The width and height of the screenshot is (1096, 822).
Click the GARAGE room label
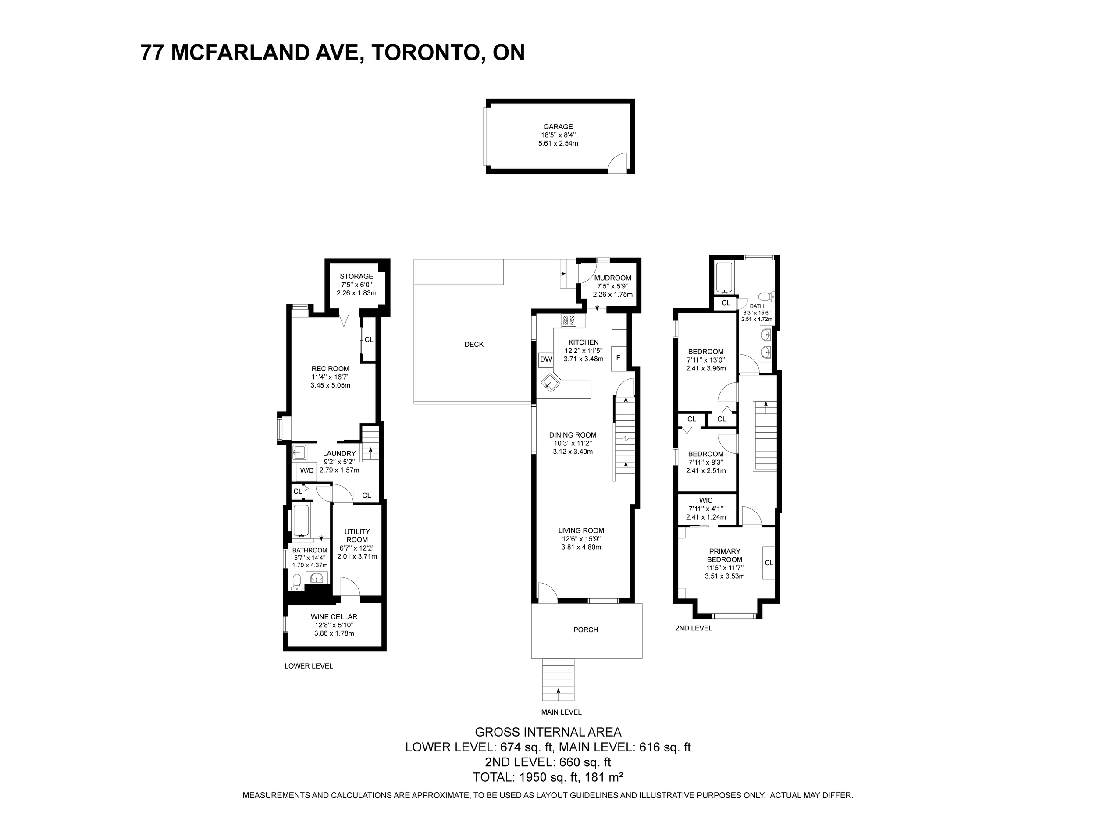click(x=558, y=127)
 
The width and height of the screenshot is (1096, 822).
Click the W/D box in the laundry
click(x=307, y=470)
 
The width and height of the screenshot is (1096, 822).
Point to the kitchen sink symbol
click(x=551, y=384)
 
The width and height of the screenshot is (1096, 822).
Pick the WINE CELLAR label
click(x=334, y=617)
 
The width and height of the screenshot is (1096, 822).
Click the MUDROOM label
click(x=612, y=278)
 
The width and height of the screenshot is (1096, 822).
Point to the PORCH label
click(x=586, y=630)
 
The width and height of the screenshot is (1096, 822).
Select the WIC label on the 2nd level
click(x=705, y=501)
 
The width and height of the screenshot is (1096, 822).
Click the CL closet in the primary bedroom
click(x=769, y=562)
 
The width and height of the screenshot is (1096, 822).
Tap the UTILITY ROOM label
click(x=357, y=536)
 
